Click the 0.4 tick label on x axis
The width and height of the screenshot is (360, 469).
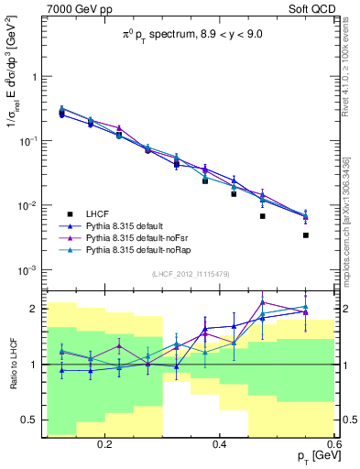tap(219, 442)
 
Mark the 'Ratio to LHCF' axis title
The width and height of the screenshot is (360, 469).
tap(13, 365)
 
